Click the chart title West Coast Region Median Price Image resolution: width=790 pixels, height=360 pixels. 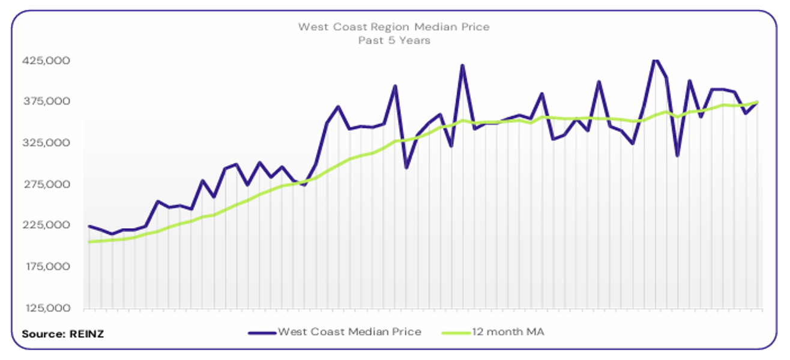tap(394, 27)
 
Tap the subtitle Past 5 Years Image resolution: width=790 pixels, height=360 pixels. tap(394, 41)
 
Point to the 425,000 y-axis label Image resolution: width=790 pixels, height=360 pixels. tap(46, 61)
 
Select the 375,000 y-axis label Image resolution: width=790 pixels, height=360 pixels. tap(46, 101)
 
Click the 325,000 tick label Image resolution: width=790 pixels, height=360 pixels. tap(46, 143)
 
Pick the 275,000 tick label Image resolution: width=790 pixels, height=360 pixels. tap(46, 184)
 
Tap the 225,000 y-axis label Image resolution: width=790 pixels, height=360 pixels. tap(46, 225)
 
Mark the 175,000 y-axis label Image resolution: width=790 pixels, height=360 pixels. tap(46, 266)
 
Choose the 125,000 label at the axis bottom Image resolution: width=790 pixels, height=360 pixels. tap(46, 308)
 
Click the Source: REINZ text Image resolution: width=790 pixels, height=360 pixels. tap(63, 334)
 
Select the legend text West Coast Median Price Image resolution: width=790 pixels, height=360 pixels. tap(349, 332)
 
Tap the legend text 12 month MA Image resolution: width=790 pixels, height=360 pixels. tap(508, 332)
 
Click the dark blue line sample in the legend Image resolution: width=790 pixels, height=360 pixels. tap(262, 332)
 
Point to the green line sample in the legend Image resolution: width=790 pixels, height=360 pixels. tap(456, 332)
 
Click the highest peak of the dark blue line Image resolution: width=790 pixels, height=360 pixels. tap(655, 59)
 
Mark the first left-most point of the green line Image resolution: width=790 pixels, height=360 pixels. tap(89, 242)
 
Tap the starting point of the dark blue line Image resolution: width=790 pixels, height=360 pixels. tap(89, 226)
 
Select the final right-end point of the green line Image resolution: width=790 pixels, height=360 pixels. tap(758, 102)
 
